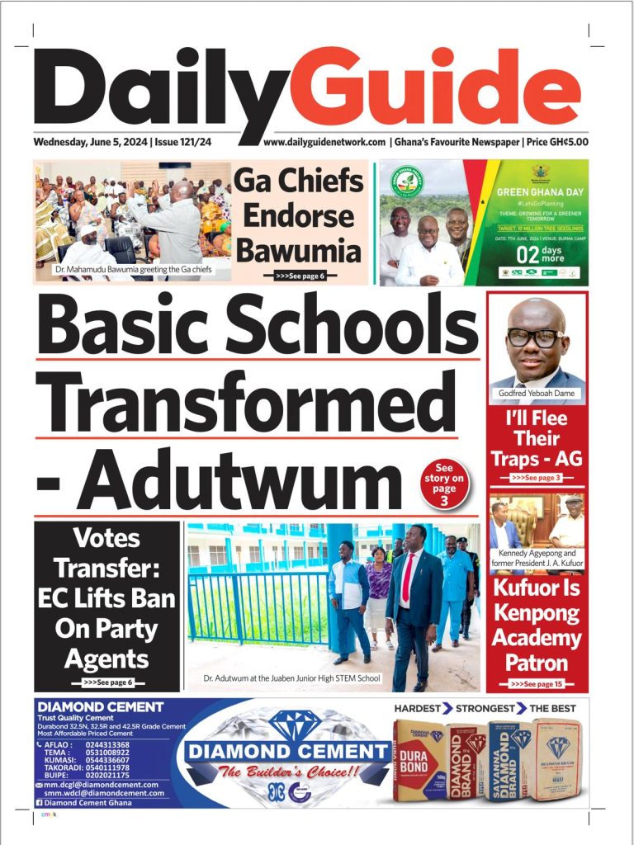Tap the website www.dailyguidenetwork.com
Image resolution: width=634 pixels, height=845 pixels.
324,142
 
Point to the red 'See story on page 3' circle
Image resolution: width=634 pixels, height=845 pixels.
444,484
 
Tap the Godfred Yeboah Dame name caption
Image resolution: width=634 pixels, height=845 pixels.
537,394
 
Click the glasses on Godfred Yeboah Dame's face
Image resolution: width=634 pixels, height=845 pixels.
535,338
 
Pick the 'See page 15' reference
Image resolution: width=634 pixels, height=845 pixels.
537,684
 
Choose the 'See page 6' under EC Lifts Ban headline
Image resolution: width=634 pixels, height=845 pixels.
107,682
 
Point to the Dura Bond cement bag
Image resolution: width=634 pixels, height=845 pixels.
419,761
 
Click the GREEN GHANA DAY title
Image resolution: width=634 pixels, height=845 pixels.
540,192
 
